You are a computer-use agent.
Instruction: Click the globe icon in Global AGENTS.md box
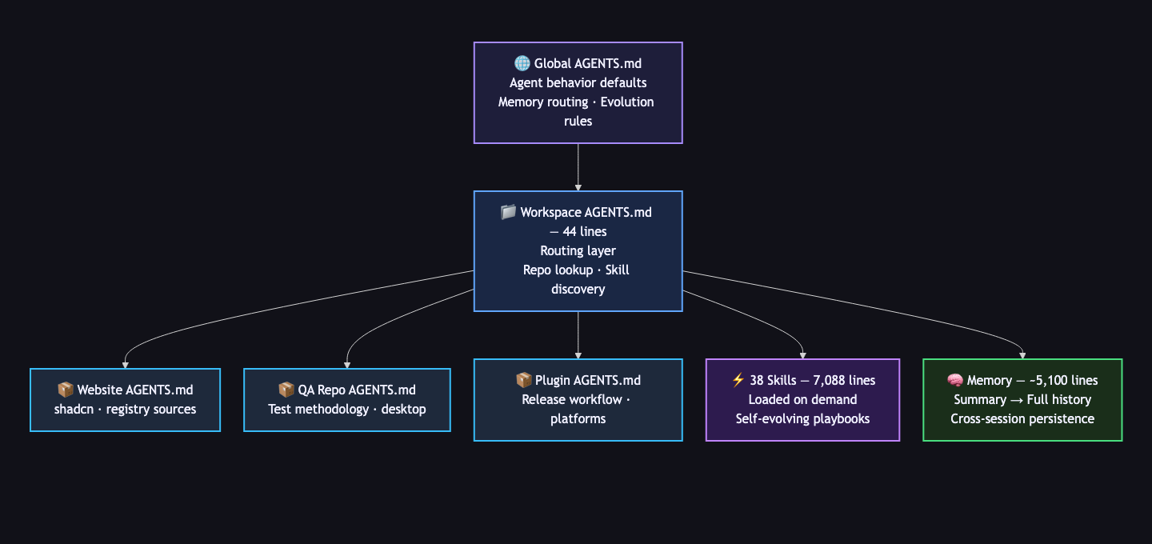point(522,64)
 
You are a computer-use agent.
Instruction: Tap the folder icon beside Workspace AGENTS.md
point(508,213)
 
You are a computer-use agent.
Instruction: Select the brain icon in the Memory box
point(954,381)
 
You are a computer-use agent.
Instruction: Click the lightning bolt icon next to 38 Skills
point(738,381)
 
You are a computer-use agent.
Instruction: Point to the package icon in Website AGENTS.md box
point(66,390)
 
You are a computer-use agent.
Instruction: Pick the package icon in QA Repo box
point(286,390)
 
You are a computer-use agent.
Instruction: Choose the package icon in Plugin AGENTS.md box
point(524,381)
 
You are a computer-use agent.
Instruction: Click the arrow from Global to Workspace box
point(578,167)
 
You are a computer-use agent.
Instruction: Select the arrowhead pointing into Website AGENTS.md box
point(125,364)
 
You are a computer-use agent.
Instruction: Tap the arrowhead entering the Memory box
point(1023,354)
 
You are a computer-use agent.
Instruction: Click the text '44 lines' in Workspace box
point(585,232)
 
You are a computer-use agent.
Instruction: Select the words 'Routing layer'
point(578,251)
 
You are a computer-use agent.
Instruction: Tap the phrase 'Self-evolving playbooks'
point(802,418)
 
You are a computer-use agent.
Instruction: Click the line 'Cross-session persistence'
point(1022,418)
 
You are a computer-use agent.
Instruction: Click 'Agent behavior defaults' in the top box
point(578,83)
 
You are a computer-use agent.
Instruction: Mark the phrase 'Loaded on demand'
point(802,400)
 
